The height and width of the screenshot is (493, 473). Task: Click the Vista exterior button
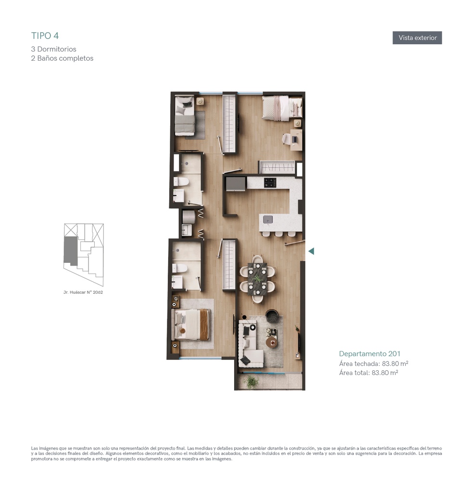pos(417,38)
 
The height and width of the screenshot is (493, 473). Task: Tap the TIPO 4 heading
pos(45,36)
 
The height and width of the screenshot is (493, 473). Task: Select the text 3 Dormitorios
pos(54,49)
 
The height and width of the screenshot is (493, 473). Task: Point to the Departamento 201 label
pos(370,354)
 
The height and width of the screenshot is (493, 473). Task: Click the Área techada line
pos(373,363)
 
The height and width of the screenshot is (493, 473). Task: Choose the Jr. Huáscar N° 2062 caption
pos(83,292)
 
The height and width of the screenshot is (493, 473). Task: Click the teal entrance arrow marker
pos(311,251)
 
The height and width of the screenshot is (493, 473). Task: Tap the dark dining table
pos(257,279)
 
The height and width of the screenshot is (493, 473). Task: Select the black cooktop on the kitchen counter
pos(270,182)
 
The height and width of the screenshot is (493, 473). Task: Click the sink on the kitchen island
pos(268,219)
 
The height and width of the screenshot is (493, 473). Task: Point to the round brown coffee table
pos(272,342)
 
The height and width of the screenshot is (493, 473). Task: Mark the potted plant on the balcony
pos(251,382)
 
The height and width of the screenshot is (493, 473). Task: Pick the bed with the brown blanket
pos(190,325)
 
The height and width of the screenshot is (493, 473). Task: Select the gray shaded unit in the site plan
pos(70,250)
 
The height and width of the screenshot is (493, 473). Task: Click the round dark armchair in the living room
pos(272,316)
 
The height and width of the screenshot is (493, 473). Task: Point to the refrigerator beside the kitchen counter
pos(236,183)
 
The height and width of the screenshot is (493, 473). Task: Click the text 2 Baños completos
pos(62,58)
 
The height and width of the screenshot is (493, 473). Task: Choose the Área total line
pos(369,373)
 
